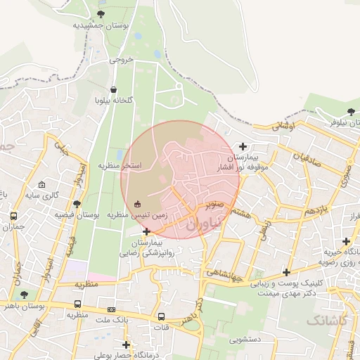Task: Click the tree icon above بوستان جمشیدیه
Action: [x=101, y=14]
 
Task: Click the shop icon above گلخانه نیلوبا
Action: [x=114, y=89]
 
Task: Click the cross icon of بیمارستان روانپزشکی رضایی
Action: [x=146, y=231]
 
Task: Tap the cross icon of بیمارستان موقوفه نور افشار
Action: [x=243, y=147]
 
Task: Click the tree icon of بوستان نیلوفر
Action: [x=351, y=112]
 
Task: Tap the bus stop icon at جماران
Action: [x=13, y=216]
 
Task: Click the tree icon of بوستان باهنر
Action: [x=25, y=295]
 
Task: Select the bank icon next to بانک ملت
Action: [x=111, y=309]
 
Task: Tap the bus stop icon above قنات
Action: [x=162, y=316]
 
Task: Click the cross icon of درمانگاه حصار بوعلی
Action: [x=126, y=345]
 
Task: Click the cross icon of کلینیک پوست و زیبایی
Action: [x=285, y=272]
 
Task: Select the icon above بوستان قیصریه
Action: [x=77, y=204]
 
